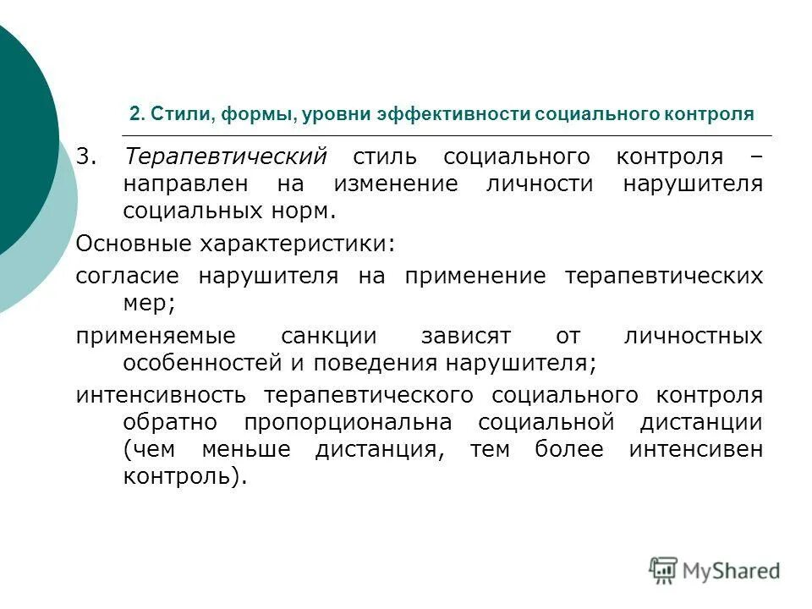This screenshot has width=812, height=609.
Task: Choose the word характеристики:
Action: click(x=296, y=244)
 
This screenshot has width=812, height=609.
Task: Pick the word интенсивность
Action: click(x=161, y=395)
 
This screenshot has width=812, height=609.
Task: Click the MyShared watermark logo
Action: click(x=715, y=570)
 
